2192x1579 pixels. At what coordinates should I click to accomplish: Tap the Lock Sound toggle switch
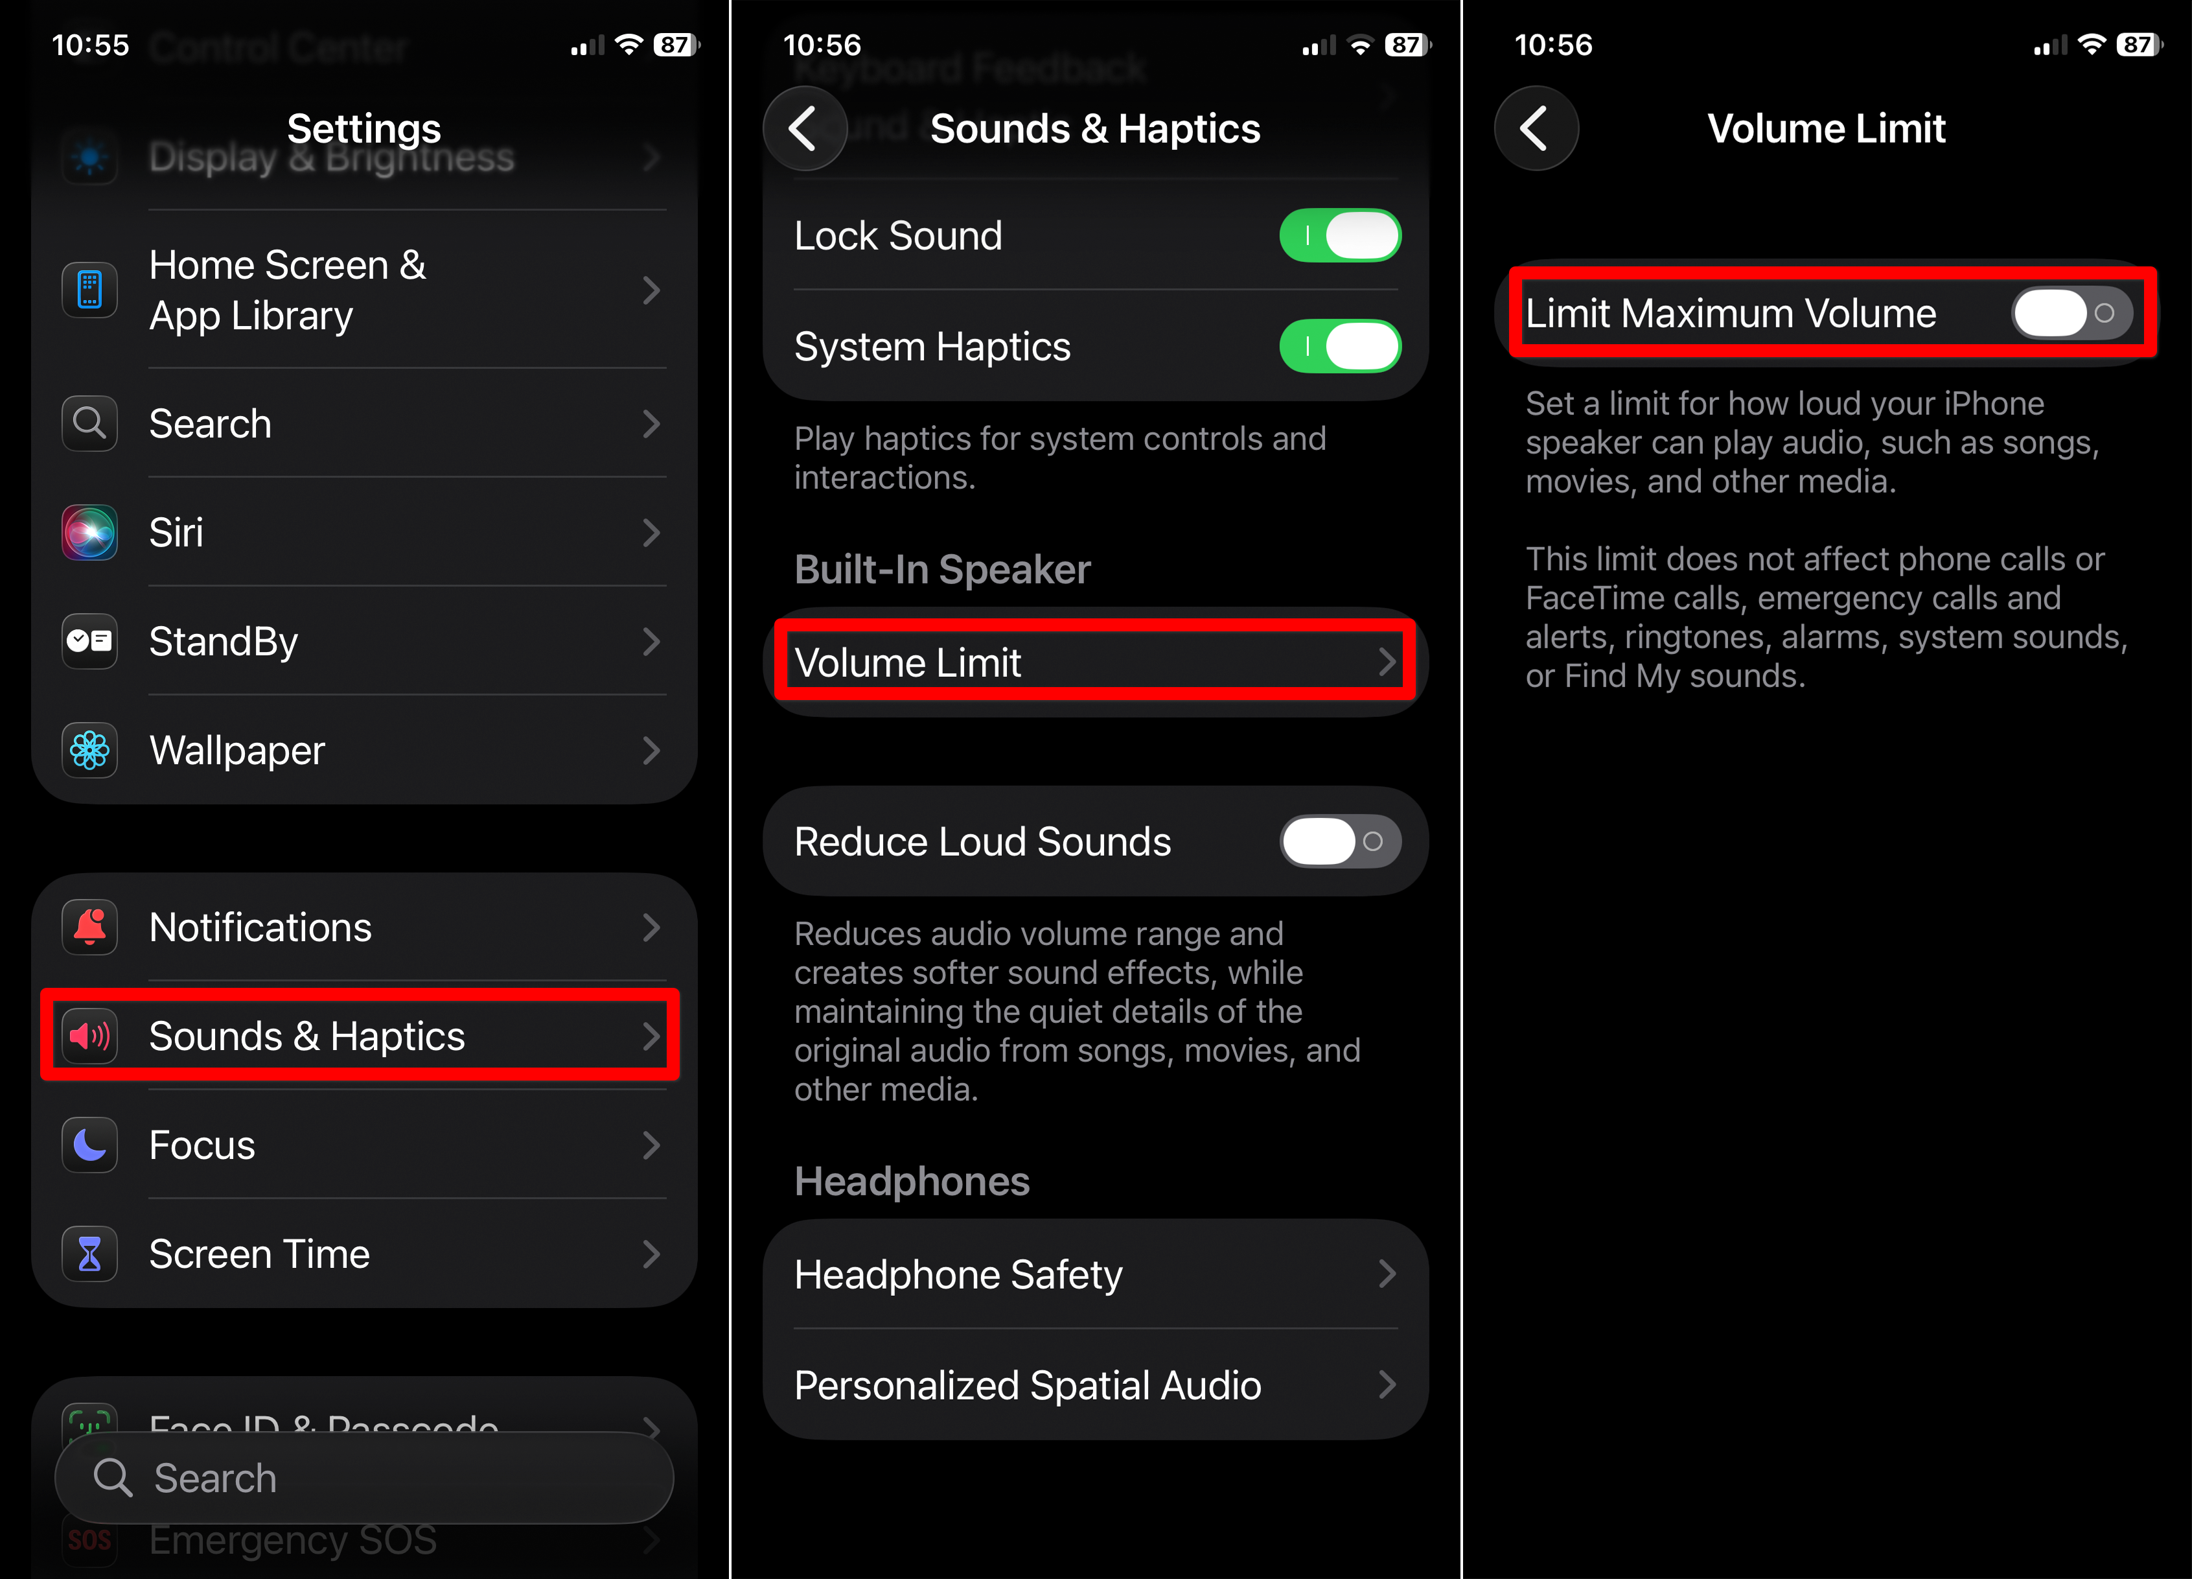click(1339, 236)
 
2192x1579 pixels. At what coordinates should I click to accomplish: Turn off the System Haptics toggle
click(1339, 346)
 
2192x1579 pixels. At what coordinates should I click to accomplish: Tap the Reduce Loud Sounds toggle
click(1339, 841)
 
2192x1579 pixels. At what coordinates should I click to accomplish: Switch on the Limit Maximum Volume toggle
click(2071, 313)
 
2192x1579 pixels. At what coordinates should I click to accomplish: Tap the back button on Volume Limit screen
click(1535, 128)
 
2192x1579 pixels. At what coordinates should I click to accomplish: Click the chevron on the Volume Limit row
click(1387, 662)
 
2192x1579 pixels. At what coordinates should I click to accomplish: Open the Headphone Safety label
click(958, 1274)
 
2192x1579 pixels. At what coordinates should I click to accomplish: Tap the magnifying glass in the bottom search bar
click(112, 1477)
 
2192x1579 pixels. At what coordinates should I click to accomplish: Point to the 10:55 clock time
click(90, 45)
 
